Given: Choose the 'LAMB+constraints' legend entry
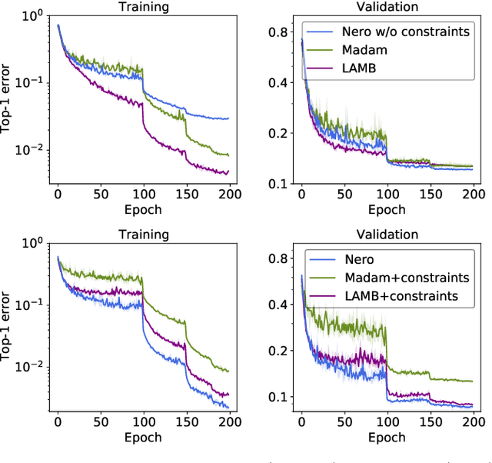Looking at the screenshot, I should point(402,295).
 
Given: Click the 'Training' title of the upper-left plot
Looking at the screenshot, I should point(142,6).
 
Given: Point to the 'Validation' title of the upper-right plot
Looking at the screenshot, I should point(387,6).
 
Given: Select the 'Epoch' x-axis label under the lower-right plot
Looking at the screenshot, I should point(387,437).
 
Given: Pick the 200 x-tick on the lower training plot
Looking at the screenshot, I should point(228,422).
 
